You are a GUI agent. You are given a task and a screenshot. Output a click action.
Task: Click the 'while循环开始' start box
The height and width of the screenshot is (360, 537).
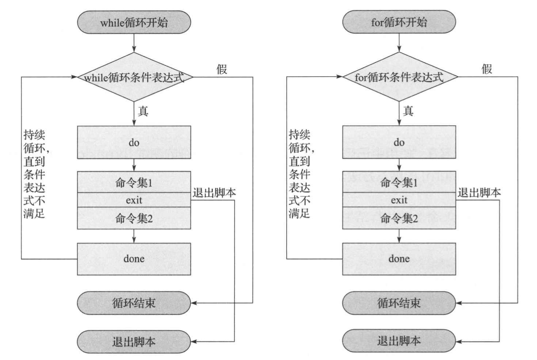[x=134, y=22]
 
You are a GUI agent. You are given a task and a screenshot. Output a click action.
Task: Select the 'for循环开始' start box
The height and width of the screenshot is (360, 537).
[x=399, y=22]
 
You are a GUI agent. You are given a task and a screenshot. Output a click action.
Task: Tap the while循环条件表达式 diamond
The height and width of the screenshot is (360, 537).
[x=134, y=77]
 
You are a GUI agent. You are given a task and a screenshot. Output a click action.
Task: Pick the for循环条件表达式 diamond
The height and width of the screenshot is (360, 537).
[x=399, y=77]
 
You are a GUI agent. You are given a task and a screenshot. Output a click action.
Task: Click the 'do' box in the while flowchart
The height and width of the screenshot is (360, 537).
[x=134, y=142]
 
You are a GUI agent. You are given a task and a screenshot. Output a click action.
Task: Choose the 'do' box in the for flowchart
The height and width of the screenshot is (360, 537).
[x=399, y=142]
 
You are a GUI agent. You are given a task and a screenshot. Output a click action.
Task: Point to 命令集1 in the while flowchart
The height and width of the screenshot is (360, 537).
[x=134, y=182]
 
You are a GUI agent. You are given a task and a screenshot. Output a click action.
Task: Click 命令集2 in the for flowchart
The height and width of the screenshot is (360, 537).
[x=399, y=218]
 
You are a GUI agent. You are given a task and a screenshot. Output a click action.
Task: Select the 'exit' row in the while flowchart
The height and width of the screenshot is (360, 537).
[x=134, y=200]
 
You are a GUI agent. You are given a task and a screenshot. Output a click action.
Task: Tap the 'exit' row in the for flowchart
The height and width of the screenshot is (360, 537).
[x=399, y=200]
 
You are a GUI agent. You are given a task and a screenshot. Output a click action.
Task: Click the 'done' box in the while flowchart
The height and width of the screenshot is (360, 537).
[x=134, y=259]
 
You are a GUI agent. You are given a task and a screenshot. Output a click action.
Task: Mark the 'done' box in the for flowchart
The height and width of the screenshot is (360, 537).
[x=399, y=259]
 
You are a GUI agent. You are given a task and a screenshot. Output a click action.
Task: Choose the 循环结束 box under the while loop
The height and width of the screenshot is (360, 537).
[x=134, y=303]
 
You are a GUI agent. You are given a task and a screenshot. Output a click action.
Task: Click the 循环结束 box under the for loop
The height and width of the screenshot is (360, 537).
[x=399, y=303]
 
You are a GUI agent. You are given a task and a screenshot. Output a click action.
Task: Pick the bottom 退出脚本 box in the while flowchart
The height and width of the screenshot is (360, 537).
[x=134, y=342]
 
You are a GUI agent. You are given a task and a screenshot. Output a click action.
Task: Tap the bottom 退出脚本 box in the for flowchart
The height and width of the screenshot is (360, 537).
[x=399, y=341]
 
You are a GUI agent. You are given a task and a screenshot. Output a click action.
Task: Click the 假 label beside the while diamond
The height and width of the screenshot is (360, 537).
[x=222, y=69]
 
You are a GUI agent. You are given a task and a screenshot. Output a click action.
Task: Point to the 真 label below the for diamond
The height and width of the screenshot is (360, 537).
[x=408, y=111]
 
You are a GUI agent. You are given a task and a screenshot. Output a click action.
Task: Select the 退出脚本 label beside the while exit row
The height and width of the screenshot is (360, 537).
[x=214, y=193]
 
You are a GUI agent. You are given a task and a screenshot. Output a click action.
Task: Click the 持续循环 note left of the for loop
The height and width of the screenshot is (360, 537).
[x=300, y=174]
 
